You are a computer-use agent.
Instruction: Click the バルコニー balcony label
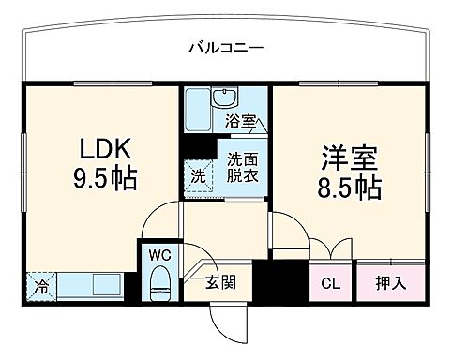tap(225, 47)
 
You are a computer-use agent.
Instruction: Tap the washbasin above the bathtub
tap(224, 98)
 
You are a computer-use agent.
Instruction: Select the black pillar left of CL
tap(274, 280)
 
